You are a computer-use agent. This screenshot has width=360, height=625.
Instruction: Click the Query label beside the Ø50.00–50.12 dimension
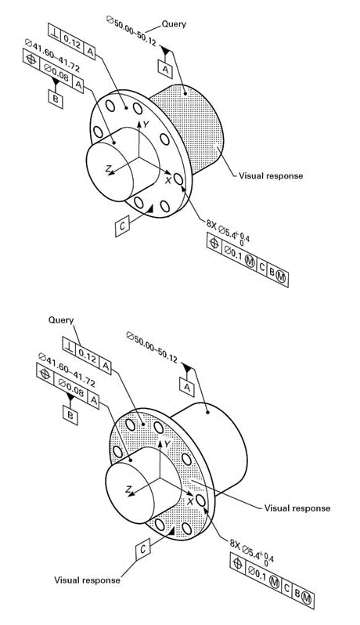(174, 24)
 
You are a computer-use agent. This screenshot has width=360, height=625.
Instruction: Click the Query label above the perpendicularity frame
(61, 320)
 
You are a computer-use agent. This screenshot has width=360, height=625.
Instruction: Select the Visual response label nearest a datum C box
(87, 580)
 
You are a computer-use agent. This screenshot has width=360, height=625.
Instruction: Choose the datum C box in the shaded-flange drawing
(143, 549)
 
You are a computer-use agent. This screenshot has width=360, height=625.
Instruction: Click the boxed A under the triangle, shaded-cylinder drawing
(166, 69)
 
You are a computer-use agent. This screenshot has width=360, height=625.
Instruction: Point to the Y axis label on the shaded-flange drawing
(167, 444)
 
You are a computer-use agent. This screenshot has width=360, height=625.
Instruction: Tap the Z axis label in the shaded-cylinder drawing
(108, 168)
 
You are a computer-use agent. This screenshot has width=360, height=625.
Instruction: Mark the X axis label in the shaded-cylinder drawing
(168, 180)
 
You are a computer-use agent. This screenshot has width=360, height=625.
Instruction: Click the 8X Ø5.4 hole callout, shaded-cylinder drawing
(227, 229)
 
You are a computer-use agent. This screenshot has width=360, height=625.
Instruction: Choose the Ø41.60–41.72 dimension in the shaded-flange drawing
(66, 370)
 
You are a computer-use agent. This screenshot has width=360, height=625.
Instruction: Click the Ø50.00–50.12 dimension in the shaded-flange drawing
(152, 346)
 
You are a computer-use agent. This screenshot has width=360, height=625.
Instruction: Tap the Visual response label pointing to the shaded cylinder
(271, 175)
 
